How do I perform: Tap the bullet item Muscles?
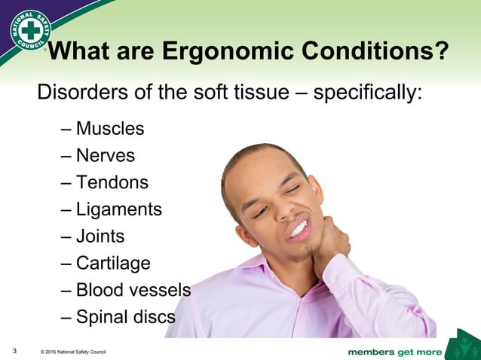click(x=110, y=129)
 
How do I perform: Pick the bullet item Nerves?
click(x=106, y=156)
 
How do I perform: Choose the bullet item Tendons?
click(x=112, y=182)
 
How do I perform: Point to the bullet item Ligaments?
click(x=119, y=209)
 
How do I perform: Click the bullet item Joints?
click(x=100, y=236)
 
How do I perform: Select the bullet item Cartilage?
click(x=113, y=264)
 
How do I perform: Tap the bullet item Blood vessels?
click(x=133, y=290)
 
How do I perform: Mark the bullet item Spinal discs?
click(x=126, y=317)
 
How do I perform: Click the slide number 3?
click(x=15, y=351)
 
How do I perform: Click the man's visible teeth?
click(x=299, y=227)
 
